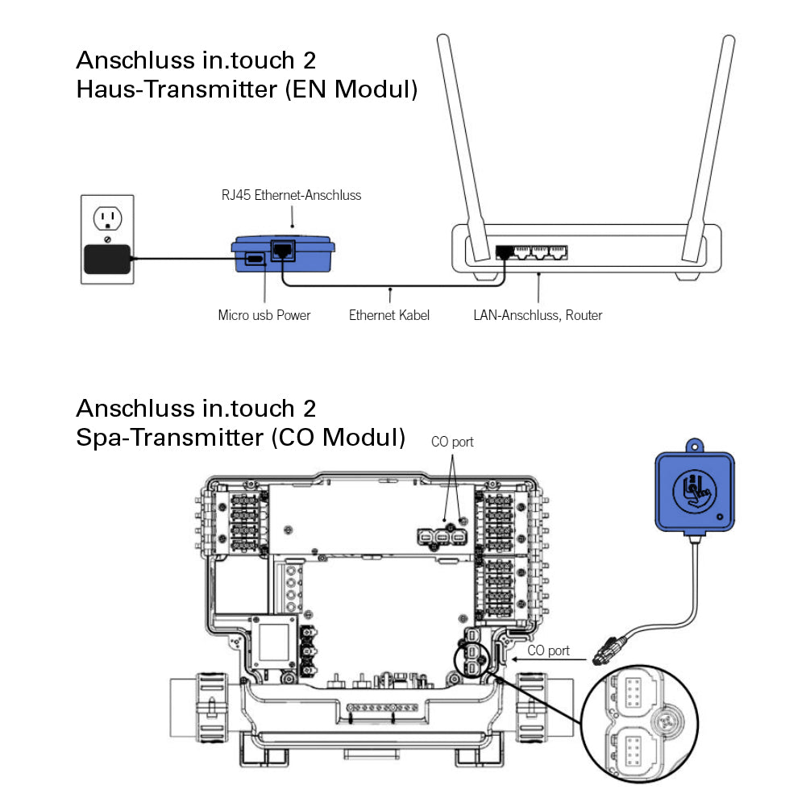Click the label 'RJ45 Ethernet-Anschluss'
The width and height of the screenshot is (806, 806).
click(291, 195)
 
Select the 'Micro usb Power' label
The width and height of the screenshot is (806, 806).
click(264, 315)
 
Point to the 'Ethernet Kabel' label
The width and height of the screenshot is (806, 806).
click(388, 315)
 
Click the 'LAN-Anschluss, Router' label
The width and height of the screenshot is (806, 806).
click(538, 315)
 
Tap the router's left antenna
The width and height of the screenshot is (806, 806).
click(460, 137)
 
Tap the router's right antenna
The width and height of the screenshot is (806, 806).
click(710, 137)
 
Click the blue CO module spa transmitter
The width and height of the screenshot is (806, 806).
click(695, 492)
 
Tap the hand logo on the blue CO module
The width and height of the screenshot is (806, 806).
click(694, 490)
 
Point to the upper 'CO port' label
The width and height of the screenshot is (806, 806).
click(452, 442)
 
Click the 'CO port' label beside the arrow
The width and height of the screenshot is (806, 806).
click(548, 650)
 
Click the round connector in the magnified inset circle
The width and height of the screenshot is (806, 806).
click(671, 720)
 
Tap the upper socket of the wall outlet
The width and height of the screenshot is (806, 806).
click(107, 218)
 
